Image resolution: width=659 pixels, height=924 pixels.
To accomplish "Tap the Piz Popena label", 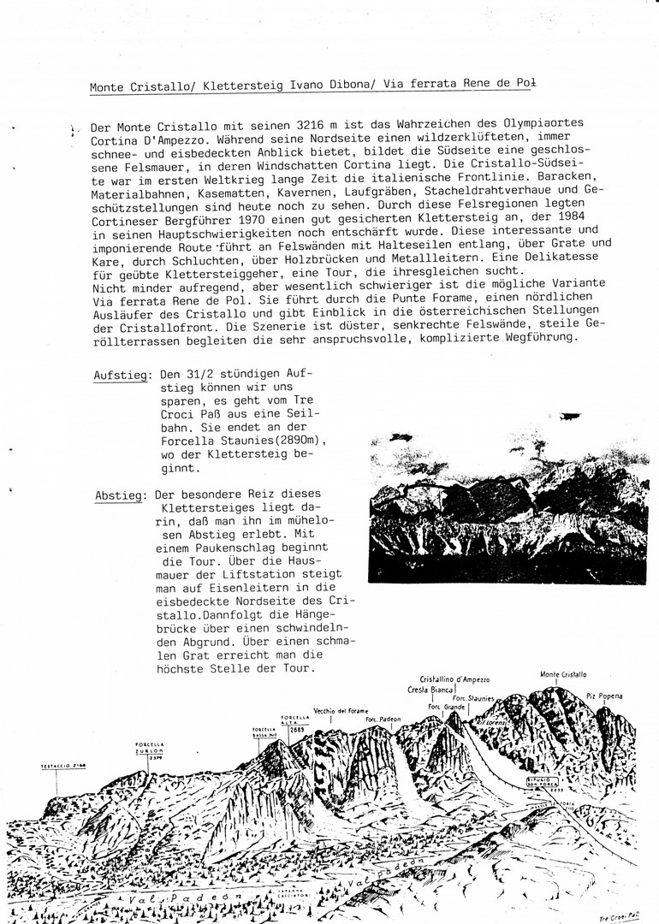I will coord(605,696).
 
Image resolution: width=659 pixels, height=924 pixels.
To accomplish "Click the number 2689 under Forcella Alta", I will coord(297,730).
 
